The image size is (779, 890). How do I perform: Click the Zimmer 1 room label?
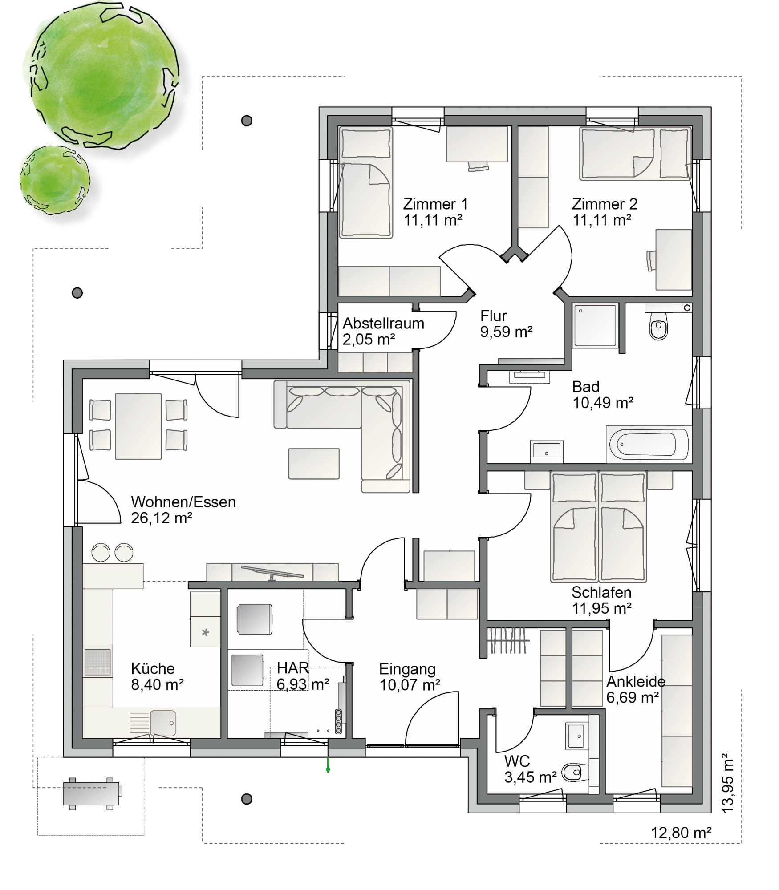[x=435, y=204]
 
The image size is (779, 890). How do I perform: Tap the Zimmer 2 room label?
[x=605, y=204]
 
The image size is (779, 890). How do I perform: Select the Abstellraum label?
[x=383, y=323]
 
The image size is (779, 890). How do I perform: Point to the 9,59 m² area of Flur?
[x=506, y=332]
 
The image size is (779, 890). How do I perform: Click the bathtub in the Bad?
[x=647, y=444]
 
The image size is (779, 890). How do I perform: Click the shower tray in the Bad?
[x=596, y=325]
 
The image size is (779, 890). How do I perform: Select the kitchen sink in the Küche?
[x=162, y=723]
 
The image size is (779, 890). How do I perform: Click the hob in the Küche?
[x=97, y=662]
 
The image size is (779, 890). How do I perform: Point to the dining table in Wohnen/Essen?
[x=138, y=426]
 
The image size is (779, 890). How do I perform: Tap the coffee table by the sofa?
[x=314, y=464]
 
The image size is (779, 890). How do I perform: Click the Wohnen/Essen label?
[x=183, y=502]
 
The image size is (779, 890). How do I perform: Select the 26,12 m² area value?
[x=162, y=518]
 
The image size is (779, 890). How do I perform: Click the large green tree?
[x=101, y=76]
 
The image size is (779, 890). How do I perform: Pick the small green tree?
[x=55, y=180]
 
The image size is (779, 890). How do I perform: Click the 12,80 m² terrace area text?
[x=681, y=833]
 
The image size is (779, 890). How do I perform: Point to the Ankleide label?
[x=636, y=681]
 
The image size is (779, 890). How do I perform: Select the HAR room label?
[x=292, y=668]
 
